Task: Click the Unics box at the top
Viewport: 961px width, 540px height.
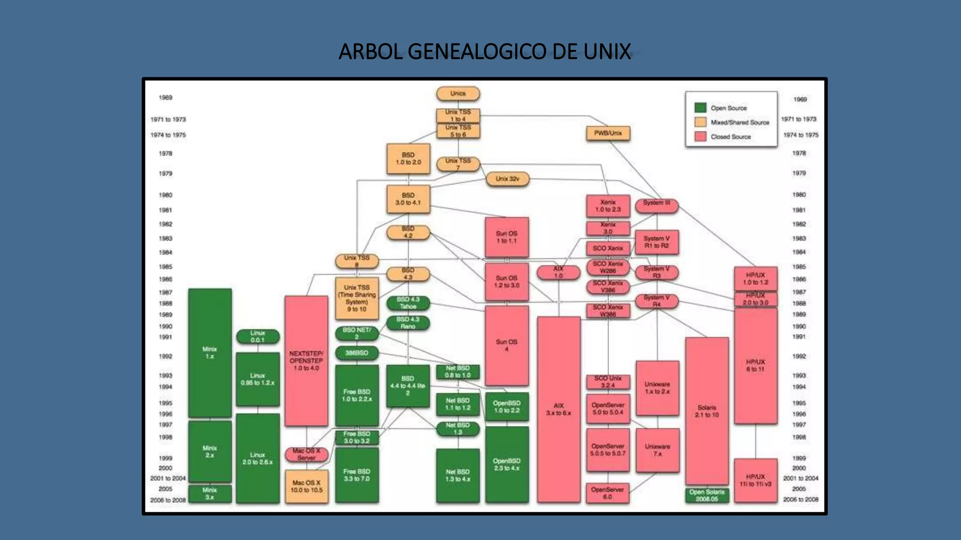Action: (x=458, y=94)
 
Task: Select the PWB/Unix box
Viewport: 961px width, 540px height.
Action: (x=608, y=133)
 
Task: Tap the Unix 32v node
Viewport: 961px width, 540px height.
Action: (x=507, y=179)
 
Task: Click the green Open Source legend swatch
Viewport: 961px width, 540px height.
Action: (x=700, y=108)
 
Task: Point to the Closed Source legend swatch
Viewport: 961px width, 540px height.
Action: (x=700, y=136)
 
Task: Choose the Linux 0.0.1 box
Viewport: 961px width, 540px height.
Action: (x=258, y=337)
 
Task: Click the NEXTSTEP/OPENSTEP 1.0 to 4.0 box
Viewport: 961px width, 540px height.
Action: (x=306, y=360)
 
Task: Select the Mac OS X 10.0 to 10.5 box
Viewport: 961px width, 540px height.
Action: (x=306, y=486)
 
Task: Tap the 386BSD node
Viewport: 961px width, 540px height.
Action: (x=357, y=353)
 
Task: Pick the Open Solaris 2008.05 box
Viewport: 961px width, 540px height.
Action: (x=707, y=495)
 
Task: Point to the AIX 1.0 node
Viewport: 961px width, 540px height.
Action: (x=558, y=272)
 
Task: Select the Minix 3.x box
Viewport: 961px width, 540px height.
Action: (x=210, y=493)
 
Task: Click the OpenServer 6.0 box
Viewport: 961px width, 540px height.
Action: (x=608, y=493)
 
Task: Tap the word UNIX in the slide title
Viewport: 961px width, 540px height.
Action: (x=607, y=52)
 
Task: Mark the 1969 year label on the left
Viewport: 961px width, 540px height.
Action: (x=166, y=97)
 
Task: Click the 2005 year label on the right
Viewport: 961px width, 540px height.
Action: (x=799, y=488)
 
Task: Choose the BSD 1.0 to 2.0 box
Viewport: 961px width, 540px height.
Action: (x=408, y=158)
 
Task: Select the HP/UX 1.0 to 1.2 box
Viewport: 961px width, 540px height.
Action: (x=755, y=278)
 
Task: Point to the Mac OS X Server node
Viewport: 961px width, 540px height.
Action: (x=306, y=454)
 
